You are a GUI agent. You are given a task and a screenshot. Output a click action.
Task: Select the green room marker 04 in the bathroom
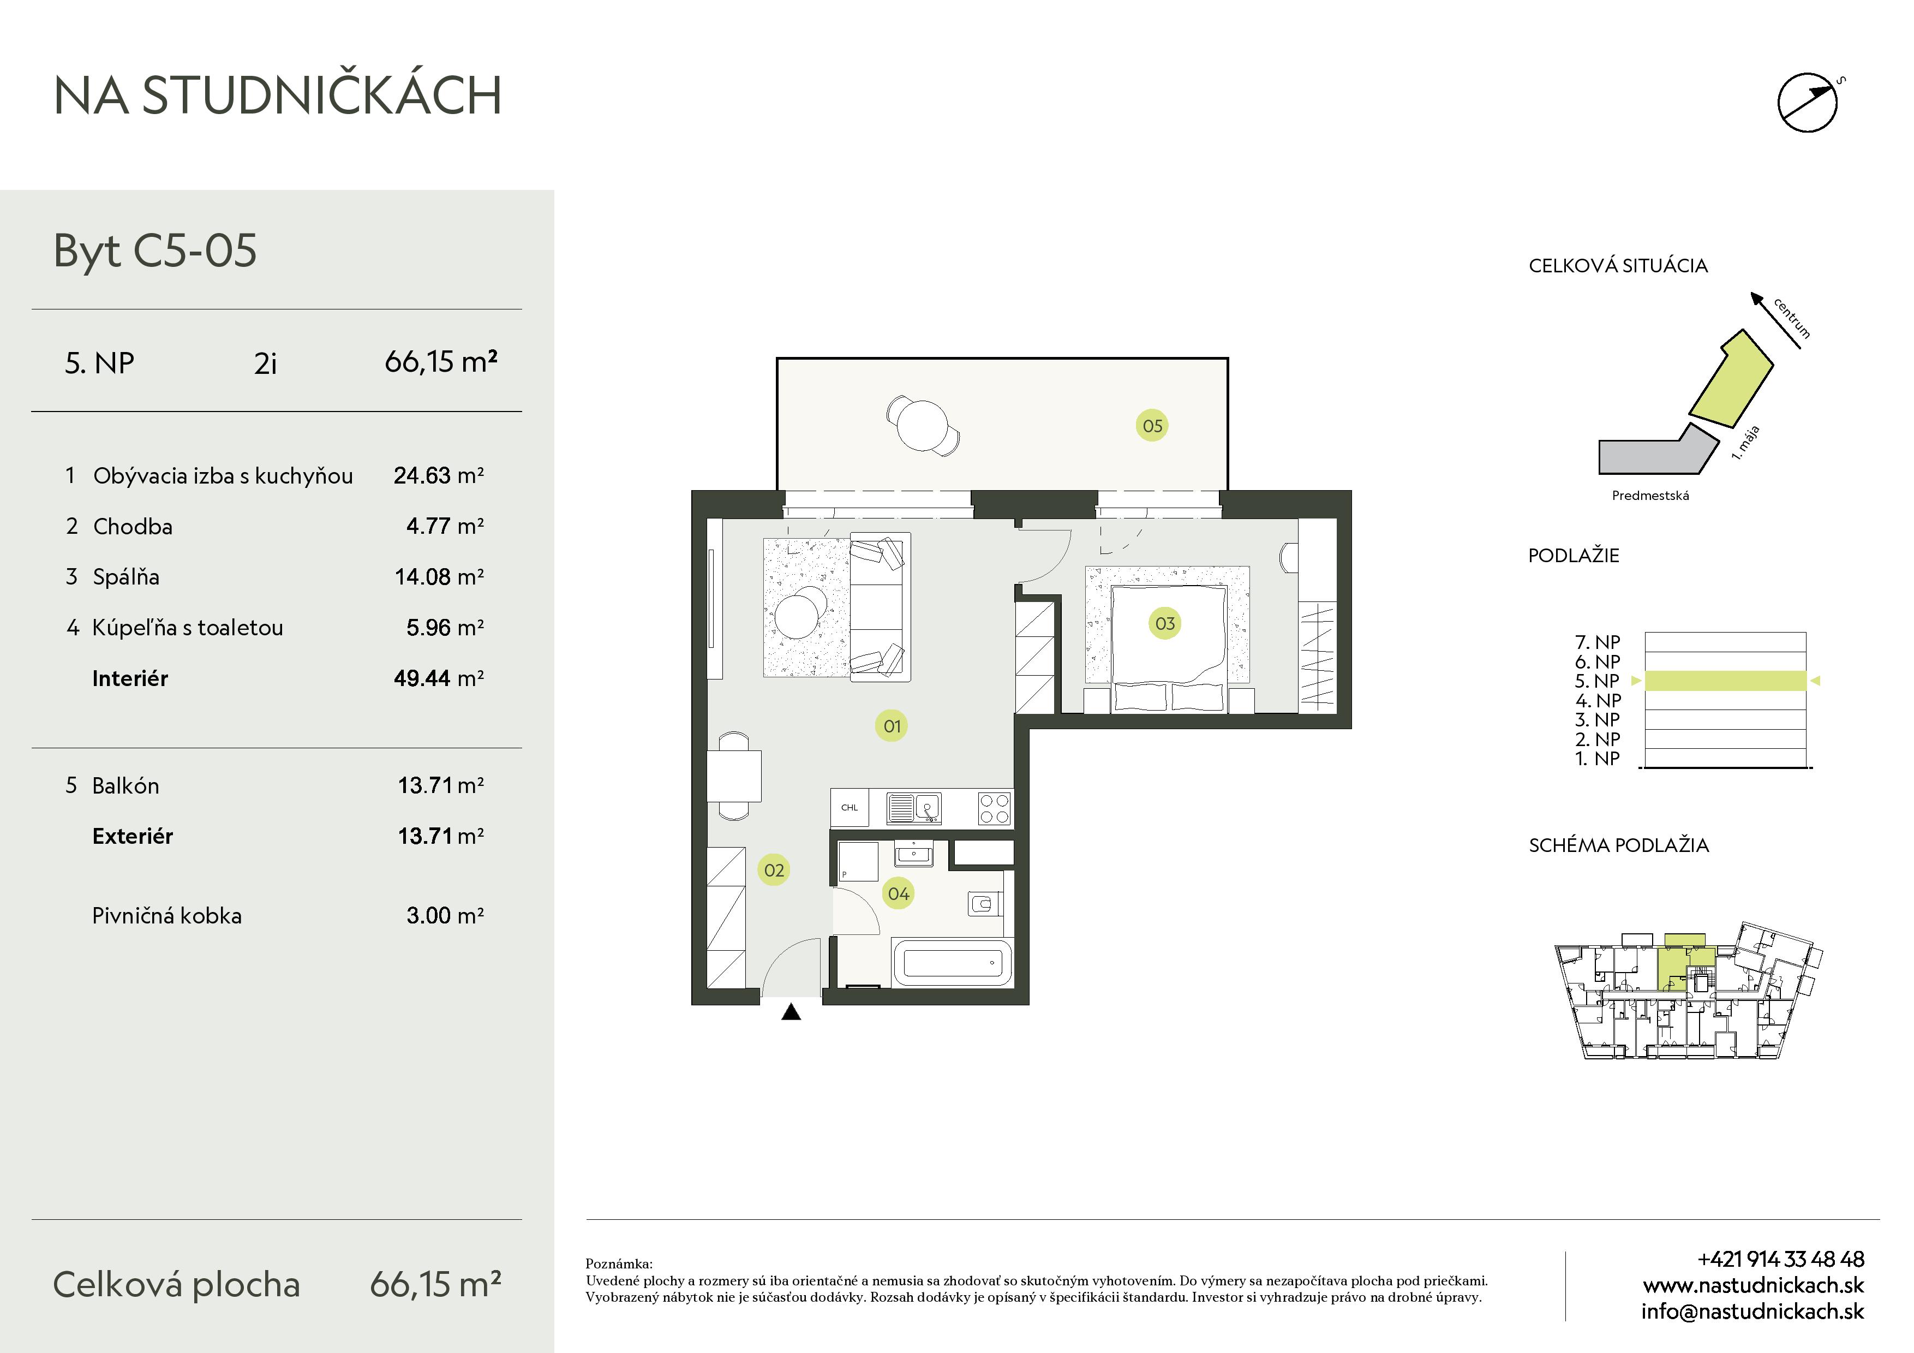pos(898,893)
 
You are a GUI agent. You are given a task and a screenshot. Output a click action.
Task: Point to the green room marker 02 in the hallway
pos(774,871)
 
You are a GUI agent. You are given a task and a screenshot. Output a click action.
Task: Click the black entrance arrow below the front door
pos(791,1012)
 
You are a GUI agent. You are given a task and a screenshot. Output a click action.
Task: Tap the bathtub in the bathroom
pos(952,963)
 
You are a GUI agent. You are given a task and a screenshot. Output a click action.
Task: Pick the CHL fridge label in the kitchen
pos(850,808)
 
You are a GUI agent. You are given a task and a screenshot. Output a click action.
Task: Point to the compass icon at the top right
pos(1808,102)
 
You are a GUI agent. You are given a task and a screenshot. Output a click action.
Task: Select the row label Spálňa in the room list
pos(126,577)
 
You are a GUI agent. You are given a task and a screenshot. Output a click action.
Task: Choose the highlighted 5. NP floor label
pos(1597,681)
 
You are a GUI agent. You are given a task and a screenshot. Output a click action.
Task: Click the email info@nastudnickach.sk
pos(1752,1312)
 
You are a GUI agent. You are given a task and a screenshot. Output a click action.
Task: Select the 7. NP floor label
pos(1597,642)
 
